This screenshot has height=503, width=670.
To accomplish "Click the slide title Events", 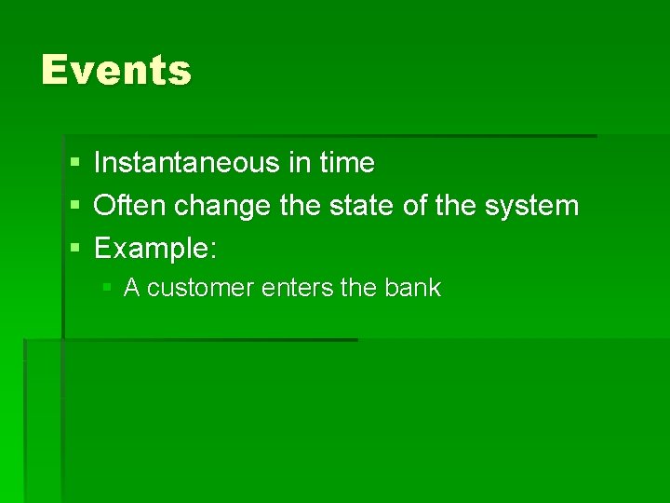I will (x=116, y=71).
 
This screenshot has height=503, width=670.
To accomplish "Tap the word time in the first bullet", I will (x=346, y=163).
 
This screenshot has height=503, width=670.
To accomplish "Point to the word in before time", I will (x=299, y=163).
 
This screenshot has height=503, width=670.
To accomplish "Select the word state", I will (x=364, y=205).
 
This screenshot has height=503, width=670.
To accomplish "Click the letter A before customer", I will (x=131, y=288).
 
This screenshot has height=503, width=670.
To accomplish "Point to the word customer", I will (x=200, y=288).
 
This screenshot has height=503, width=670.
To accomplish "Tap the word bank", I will (x=412, y=288).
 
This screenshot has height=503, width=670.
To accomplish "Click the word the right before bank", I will (x=358, y=288).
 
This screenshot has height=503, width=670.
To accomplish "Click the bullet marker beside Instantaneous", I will (x=74, y=164).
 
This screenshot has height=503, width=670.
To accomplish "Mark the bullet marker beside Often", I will (x=74, y=206).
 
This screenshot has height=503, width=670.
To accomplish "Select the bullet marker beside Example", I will (x=74, y=248).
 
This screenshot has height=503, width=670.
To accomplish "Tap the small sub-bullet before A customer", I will (x=108, y=289).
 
